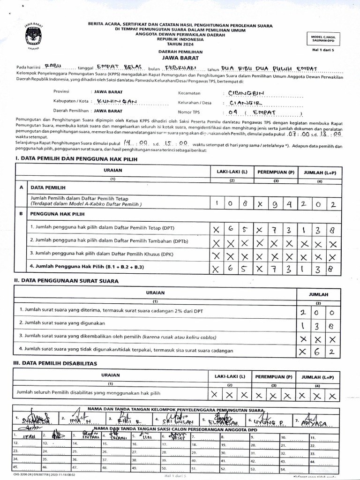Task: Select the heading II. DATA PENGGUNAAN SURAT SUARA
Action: (x=67, y=281)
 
